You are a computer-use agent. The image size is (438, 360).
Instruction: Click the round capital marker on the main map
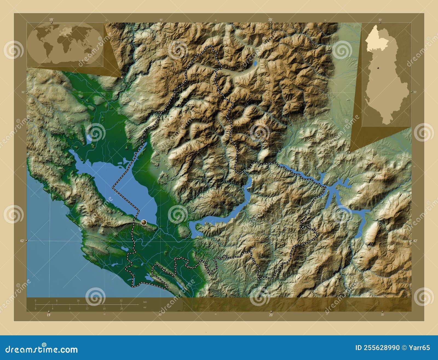pyautogui.click(x=144, y=222)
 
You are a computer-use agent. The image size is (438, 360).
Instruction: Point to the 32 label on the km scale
pyautogui.click(x=121, y=301)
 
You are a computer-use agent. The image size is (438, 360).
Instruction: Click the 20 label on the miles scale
pyautogui.click(x=121, y=308)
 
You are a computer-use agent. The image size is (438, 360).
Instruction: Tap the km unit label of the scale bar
pyautogui.click(x=145, y=302)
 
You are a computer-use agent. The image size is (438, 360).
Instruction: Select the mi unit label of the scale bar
pyautogui.click(x=144, y=307)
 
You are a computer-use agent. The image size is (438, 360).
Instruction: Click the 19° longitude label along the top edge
pyautogui.click(x=51, y=19)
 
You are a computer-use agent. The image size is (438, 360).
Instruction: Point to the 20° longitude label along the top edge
pyautogui.click(x=270, y=19)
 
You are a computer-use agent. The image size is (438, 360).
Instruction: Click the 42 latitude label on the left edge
pyautogui.click(x=22, y=241)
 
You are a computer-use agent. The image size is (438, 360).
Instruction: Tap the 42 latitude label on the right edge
pyautogui.click(x=415, y=241)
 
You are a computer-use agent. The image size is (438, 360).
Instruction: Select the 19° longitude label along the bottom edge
pyautogui.click(x=48, y=315)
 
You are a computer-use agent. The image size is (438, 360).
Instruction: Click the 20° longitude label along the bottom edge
pyautogui.click(x=271, y=315)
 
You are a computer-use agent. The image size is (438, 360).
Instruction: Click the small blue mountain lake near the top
pyautogui.click(x=255, y=64)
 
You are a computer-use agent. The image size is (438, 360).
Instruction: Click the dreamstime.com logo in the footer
pyautogui.click(x=42, y=349)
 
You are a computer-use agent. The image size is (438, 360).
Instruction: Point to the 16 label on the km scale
pyautogui.click(x=78, y=301)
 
